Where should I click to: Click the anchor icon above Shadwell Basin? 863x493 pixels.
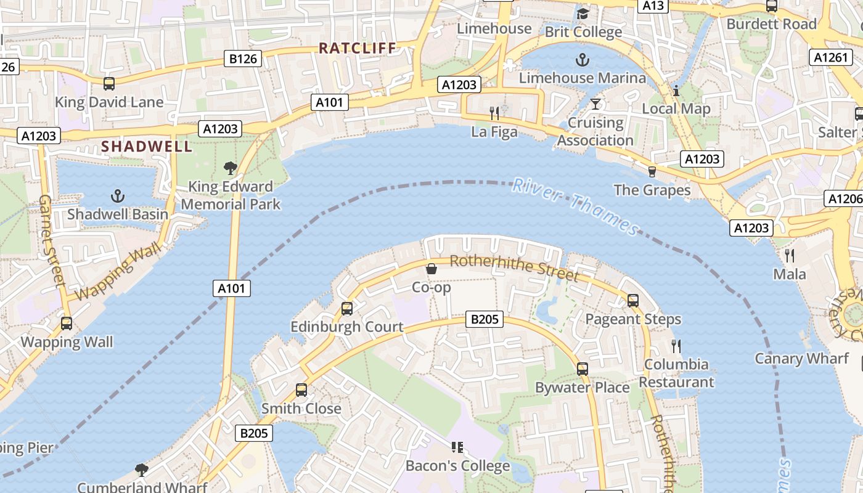tap(117, 197)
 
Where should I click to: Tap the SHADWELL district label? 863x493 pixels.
tap(147, 147)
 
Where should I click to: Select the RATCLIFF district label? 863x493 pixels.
tap(358, 47)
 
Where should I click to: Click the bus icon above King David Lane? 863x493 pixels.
tap(109, 84)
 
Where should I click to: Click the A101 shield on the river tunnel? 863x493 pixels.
tap(232, 288)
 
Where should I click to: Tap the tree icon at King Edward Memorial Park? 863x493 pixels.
tap(231, 168)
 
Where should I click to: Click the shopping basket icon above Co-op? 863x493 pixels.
tap(431, 269)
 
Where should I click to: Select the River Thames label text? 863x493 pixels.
tap(576, 206)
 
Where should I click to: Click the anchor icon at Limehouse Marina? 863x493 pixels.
tap(582, 60)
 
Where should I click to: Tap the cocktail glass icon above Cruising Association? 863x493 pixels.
tap(595, 104)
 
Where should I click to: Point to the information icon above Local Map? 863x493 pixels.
tap(676, 91)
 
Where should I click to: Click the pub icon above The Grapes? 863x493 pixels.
tap(652, 171)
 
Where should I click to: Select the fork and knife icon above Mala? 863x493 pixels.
tap(790, 255)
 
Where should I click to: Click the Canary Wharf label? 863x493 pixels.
tap(801, 359)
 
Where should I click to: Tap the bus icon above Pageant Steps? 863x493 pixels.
tap(632, 301)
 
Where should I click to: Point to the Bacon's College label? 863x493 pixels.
tap(457, 466)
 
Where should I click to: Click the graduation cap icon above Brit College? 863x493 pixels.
tap(583, 13)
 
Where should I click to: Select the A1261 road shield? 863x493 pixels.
tap(830, 57)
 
